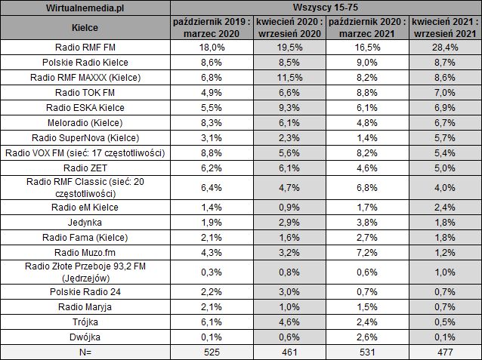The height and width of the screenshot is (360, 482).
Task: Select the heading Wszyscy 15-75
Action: (x=325, y=8)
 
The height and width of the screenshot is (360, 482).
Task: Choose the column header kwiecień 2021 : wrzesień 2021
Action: (x=445, y=28)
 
